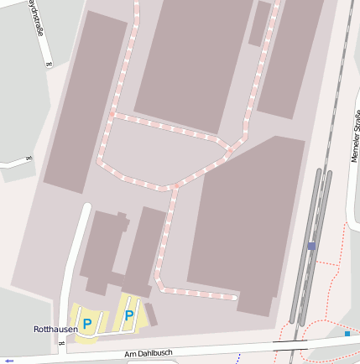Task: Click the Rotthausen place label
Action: [55, 330]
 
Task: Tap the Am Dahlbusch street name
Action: [148, 354]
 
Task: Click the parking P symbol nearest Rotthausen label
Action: [86, 323]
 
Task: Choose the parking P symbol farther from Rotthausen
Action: [129, 315]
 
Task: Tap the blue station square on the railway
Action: [311, 246]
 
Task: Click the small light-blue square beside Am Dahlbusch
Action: [347, 334]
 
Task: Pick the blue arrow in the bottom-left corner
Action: [9, 361]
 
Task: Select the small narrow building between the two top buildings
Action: [259, 23]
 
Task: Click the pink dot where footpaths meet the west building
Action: [112, 112]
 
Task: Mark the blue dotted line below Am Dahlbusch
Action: [238, 357]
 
